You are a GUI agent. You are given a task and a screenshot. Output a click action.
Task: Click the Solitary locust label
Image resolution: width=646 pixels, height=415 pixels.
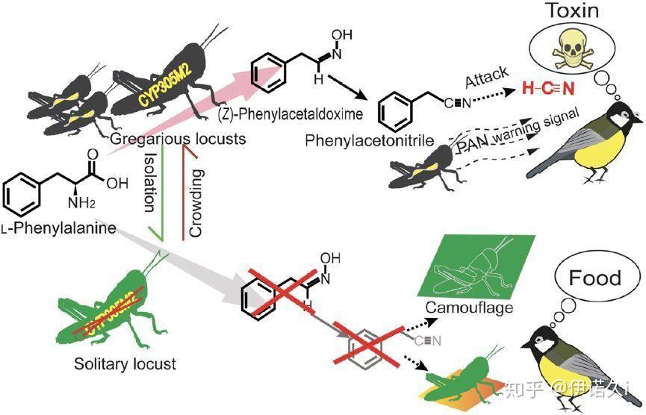click(x=125, y=364)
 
